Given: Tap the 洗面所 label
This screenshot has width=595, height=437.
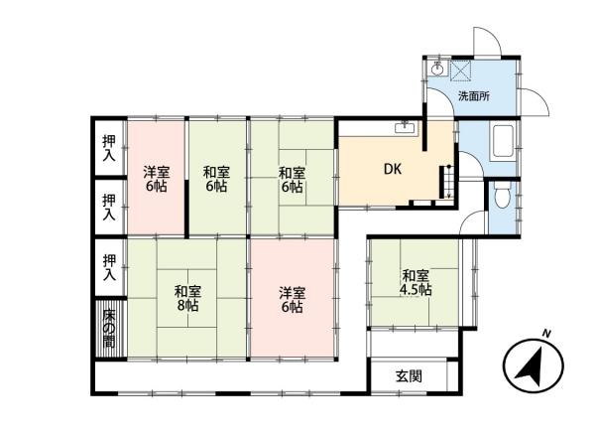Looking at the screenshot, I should click(x=472, y=96).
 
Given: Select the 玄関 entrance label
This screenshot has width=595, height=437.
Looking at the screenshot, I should click(x=409, y=376).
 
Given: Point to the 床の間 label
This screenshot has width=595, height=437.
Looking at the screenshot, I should click(x=108, y=329).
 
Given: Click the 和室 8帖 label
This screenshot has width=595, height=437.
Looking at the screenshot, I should click(x=187, y=298).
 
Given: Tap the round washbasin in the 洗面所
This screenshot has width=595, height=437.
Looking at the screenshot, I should click(x=436, y=71).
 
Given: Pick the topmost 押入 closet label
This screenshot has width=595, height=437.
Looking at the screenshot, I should click(x=108, y=149).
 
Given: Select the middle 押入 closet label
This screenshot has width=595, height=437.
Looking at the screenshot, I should click(x=108, y=207).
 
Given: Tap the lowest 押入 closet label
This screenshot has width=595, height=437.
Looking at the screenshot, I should click(x=108, y=265).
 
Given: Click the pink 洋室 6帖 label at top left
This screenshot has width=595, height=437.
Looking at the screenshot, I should click(x=155, y=178).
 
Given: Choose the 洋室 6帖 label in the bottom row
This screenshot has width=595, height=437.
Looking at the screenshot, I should click(x=292, y=299).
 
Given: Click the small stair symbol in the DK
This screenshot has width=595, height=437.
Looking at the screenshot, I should click(x=446, y=181).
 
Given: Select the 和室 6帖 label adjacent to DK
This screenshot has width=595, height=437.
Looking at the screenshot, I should click(x=292, y=178).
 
